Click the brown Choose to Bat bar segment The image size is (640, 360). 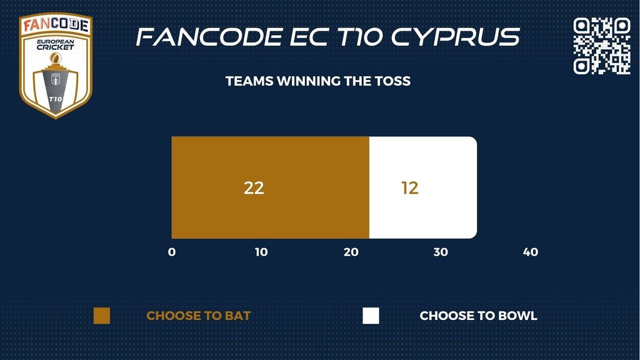pyautogui.click(x=270, y=187)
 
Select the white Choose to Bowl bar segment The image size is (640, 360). pyautogui.click(x=423, y=187)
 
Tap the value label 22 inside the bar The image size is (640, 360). pyautogui.click(x=254, y=188)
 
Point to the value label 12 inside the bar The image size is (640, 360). pyautogui.click(x=410, y=188)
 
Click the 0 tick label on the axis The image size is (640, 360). pyautogui.click(x=172, y=252)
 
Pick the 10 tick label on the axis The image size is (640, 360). pyautogui.click(x=261, y=252)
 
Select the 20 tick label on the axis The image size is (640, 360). pyautogui.click(x=351, y=252)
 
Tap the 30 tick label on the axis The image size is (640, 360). pyautogui.click(x=441, y=252)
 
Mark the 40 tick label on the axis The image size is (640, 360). pyautogui.click(x=531, y=252)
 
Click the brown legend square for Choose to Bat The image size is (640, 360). pyautogui.click(x=102, y=316)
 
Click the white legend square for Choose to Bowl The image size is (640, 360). pyautogui.click(x=371, y=316)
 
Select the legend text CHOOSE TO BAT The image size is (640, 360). pyautogui.click(x=198, y=316)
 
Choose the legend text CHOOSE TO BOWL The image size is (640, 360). pyautogui.click(x=478, y=316)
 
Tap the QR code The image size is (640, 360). pyautogui.click(x=602, y=46)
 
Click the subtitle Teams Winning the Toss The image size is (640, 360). pyautogui.click(x=318, y=81)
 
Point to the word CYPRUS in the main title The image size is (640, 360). pyautogui.click(x=456, y=37)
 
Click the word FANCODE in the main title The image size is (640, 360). pyautogui.click(x=209, y=37)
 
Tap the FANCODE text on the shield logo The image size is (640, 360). pyautogui.click(x=56, y=25)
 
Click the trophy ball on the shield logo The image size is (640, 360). pyautogui.click(x=56, y=58)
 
